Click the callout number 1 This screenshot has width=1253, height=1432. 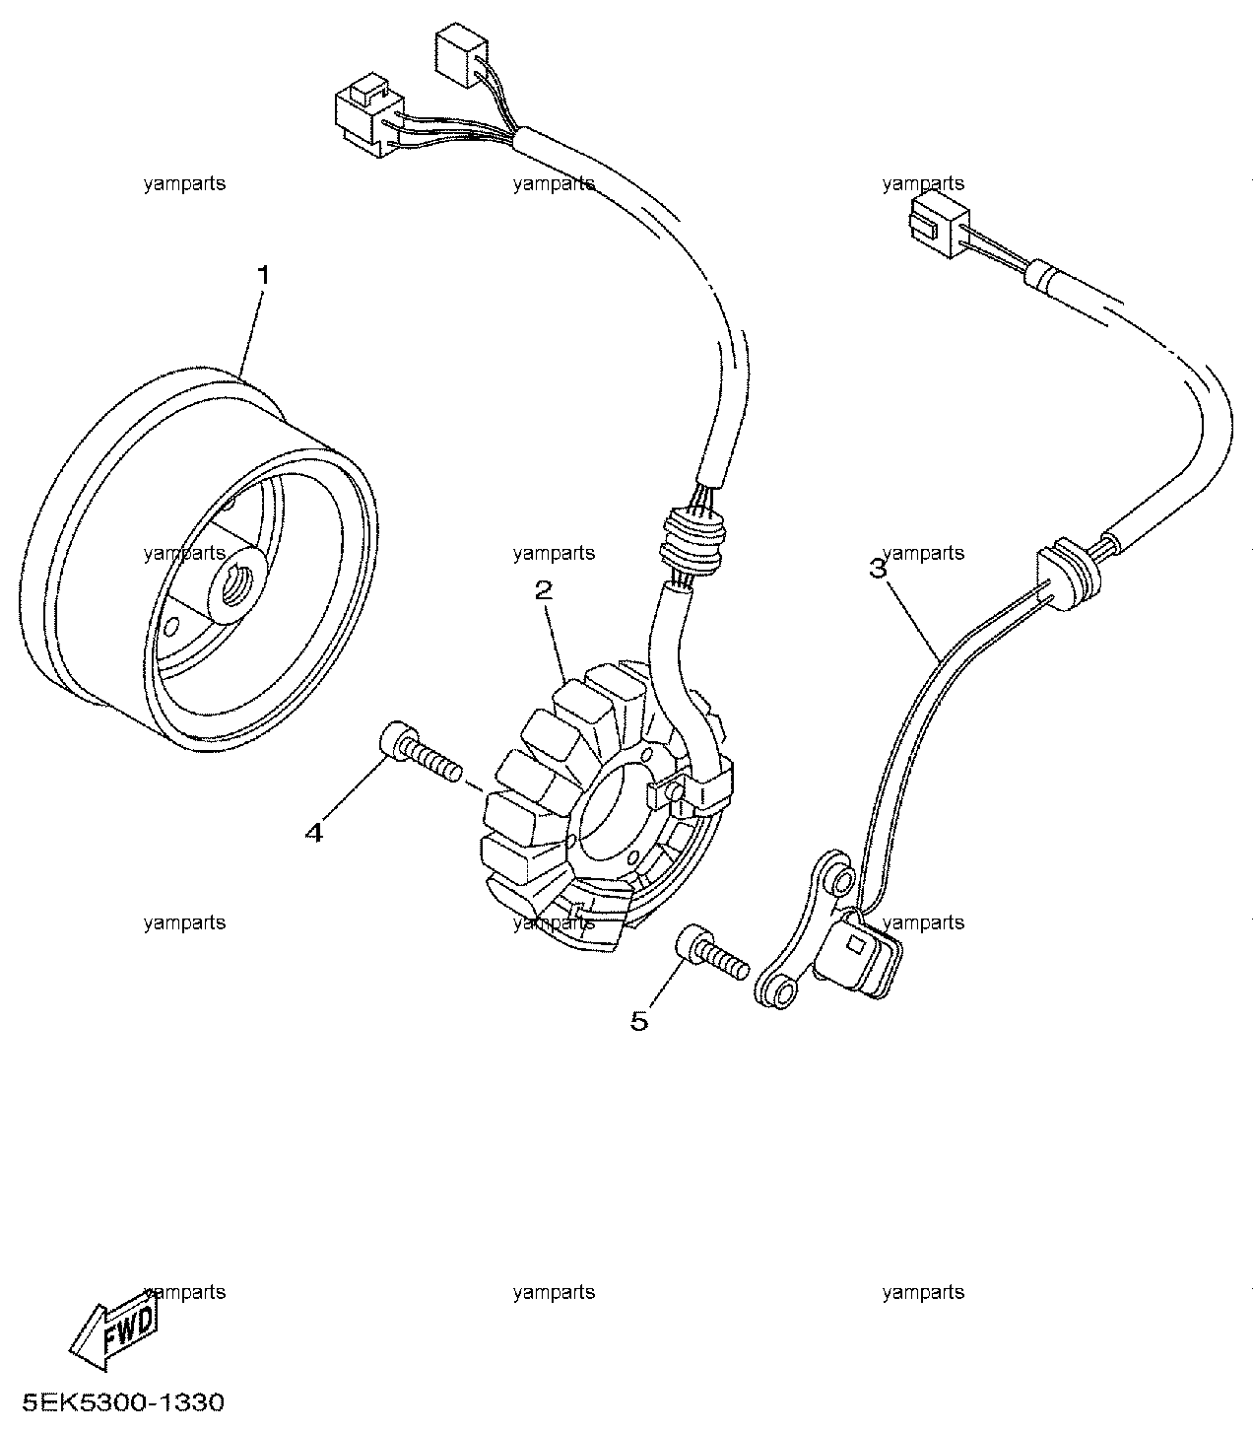tap(263, 275)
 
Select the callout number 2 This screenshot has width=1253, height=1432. tap(543, 590)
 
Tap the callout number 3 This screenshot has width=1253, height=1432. tap(878, 569)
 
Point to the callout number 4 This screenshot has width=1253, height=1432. tap(314, 833)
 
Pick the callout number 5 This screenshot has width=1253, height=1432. tap(638, 1021)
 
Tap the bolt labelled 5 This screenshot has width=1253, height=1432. tap(711, 953)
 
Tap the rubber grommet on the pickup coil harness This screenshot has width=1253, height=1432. tap(1067, 574)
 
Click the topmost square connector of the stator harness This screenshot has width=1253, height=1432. tap(461, 58)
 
